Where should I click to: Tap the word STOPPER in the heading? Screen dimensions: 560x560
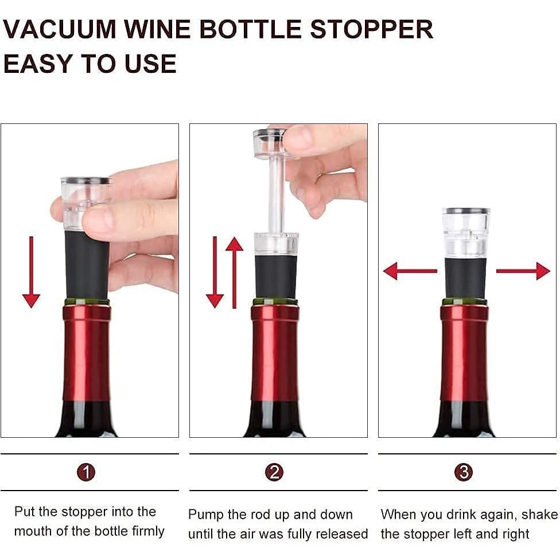371,29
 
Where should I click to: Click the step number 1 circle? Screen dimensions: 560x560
86,472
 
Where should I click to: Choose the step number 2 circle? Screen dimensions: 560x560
274,472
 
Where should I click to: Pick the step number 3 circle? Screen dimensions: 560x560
463,472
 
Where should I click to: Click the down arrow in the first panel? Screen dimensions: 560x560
31,273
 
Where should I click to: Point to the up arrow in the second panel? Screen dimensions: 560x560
234,273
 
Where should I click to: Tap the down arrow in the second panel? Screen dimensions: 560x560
215,273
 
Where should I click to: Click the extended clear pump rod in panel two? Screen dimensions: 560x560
276,195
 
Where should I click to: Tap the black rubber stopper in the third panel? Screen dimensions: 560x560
465,278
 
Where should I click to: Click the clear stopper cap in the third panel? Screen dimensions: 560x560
466,232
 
